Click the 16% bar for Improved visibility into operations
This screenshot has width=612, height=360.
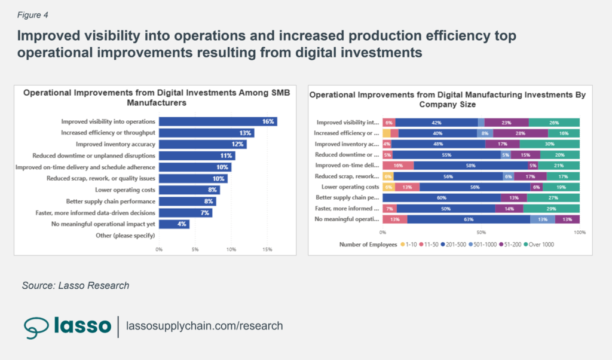[x=218, y=121]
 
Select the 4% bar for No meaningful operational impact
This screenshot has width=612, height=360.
[x=174, y=224]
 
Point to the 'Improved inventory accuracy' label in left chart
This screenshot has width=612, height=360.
[x=115, y=144]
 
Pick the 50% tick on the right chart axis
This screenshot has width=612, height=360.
[x=481, y=231]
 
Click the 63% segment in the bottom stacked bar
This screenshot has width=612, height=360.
[x=468, y=219]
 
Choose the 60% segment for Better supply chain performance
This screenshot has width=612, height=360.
[x=441, y=197]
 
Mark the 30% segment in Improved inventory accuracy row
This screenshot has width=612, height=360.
[x=549, y=144]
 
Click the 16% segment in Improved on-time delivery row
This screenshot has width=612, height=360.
[x=398, y=165]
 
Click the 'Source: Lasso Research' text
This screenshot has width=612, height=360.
[x=75, y=285]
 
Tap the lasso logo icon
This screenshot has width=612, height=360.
[x=36, y=326]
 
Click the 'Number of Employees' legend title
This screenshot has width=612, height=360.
[x=368, y=245]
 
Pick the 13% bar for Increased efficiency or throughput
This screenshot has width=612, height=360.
[x=206, y=133]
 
